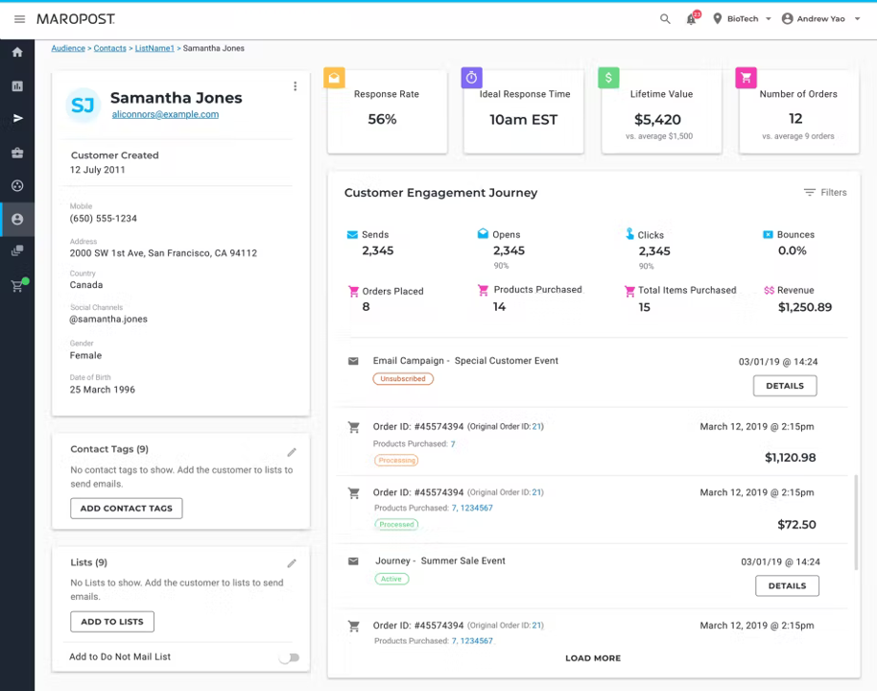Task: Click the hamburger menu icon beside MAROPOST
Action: pyautogui.click(x=19, y=19)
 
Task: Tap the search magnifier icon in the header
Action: pyautogui.click(x=665, y=19)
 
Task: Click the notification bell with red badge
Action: pyautogui.click(x=691, y=19)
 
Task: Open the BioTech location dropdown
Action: pyautogui.click(x=742, y=19)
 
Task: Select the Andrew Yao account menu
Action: pyautogui.click(x=820, y=19)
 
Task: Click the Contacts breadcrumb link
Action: pyautogui.click(x=110, y=48)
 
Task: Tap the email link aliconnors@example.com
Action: pyautogui.click(x=165, y=114)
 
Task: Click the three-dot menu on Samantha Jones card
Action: pyautogui.click(x=295, y=86)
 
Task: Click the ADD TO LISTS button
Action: pyautogui.click(x=112, y=622)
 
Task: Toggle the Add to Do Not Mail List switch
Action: pyautogui.click(x=289, y=657)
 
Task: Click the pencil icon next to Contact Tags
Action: pyautogui.click(x=292, y=452)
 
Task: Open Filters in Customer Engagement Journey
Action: pyautogui.click(x=825, y=193)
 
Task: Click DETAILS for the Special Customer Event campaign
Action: pyautogui.click(x=785, y=386)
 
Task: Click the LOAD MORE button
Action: pyautogui.click(x=593, y=658)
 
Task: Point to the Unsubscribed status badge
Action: pyautogui.click(x=403, y=379)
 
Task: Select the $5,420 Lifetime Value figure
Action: pyautogui.click(x=657, y=120)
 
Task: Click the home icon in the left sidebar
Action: pyautogui.click(x=17, y=53)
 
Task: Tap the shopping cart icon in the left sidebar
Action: pyautogui.click(x=17, y=286)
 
